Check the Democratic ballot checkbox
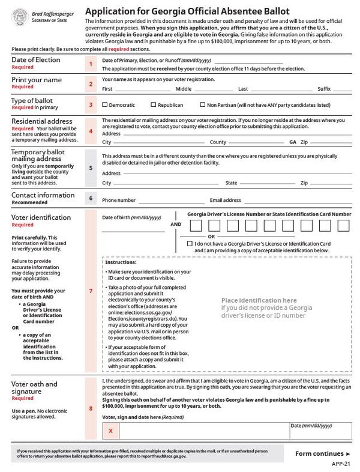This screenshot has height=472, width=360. [105, 104]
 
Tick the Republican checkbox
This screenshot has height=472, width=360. [153, 104]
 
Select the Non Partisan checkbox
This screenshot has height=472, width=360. [202, 104]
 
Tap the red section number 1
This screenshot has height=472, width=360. [91, 63]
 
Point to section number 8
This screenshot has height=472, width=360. [91, 409]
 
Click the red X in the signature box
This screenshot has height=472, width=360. [110, 431]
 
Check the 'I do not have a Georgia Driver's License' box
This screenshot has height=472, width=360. [190, 244]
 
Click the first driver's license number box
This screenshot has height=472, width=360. [196, 226]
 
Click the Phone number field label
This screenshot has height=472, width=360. [118, 200]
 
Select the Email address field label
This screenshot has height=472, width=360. [225, 200]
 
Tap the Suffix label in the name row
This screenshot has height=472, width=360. [324, 88]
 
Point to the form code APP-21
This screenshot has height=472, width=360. [343, 464]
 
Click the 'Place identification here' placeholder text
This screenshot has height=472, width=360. [259, 300]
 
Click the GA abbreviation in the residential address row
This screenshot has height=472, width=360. [293, 142]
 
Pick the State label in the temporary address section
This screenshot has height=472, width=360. [231, 183]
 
